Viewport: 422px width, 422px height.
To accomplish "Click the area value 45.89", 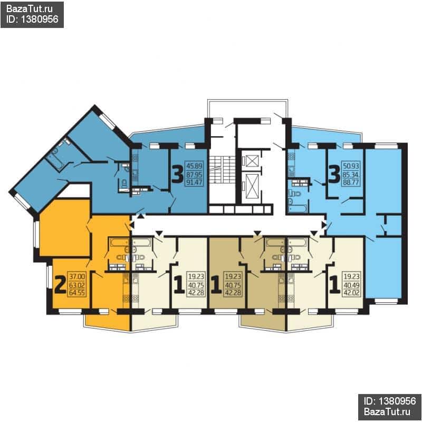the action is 194,166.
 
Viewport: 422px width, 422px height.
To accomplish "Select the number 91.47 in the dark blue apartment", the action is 194,183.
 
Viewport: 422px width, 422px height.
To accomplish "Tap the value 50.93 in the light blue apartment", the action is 351,166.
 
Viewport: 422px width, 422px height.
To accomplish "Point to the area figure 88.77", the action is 351,183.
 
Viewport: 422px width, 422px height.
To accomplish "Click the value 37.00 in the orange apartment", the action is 77,276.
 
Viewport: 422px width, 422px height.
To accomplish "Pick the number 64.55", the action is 77,293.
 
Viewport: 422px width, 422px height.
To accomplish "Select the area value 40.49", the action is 351,285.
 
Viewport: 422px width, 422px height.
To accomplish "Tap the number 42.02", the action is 351,293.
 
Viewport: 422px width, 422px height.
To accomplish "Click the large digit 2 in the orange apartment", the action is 60,285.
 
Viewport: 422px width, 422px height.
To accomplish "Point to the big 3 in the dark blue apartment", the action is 178,175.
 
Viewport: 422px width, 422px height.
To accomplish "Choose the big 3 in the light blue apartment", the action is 334,175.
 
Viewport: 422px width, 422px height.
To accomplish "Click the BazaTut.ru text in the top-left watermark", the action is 29,9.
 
